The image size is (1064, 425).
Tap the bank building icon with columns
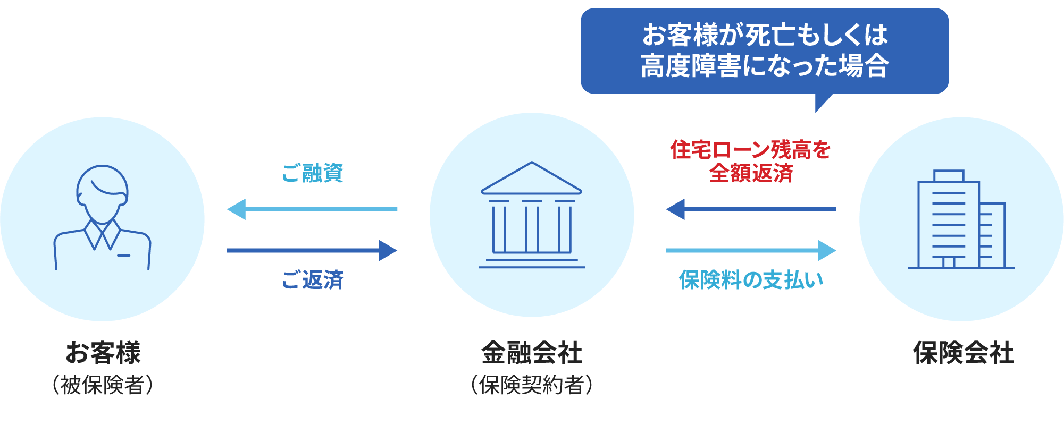point(532,215)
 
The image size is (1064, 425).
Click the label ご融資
point(313,173)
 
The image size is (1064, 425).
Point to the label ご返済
point(313,280)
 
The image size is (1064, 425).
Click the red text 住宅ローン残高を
point(750,150)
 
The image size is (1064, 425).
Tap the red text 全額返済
point(751,173)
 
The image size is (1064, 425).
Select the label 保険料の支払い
point(751,280)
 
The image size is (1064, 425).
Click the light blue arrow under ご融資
point(312,209)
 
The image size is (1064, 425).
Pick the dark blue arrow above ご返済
point(312,250)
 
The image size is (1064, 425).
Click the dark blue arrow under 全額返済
point(751,209)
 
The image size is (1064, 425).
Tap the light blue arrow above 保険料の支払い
point(751,250)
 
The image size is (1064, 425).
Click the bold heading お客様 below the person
point(103,353)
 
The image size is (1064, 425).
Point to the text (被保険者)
point(103,385)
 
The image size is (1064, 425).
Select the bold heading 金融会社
point(532,353)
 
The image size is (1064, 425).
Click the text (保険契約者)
point(532,385)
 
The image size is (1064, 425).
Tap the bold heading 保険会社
point(963,353)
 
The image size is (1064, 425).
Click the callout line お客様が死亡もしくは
point(765,35)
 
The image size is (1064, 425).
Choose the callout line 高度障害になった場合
point(765,66)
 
